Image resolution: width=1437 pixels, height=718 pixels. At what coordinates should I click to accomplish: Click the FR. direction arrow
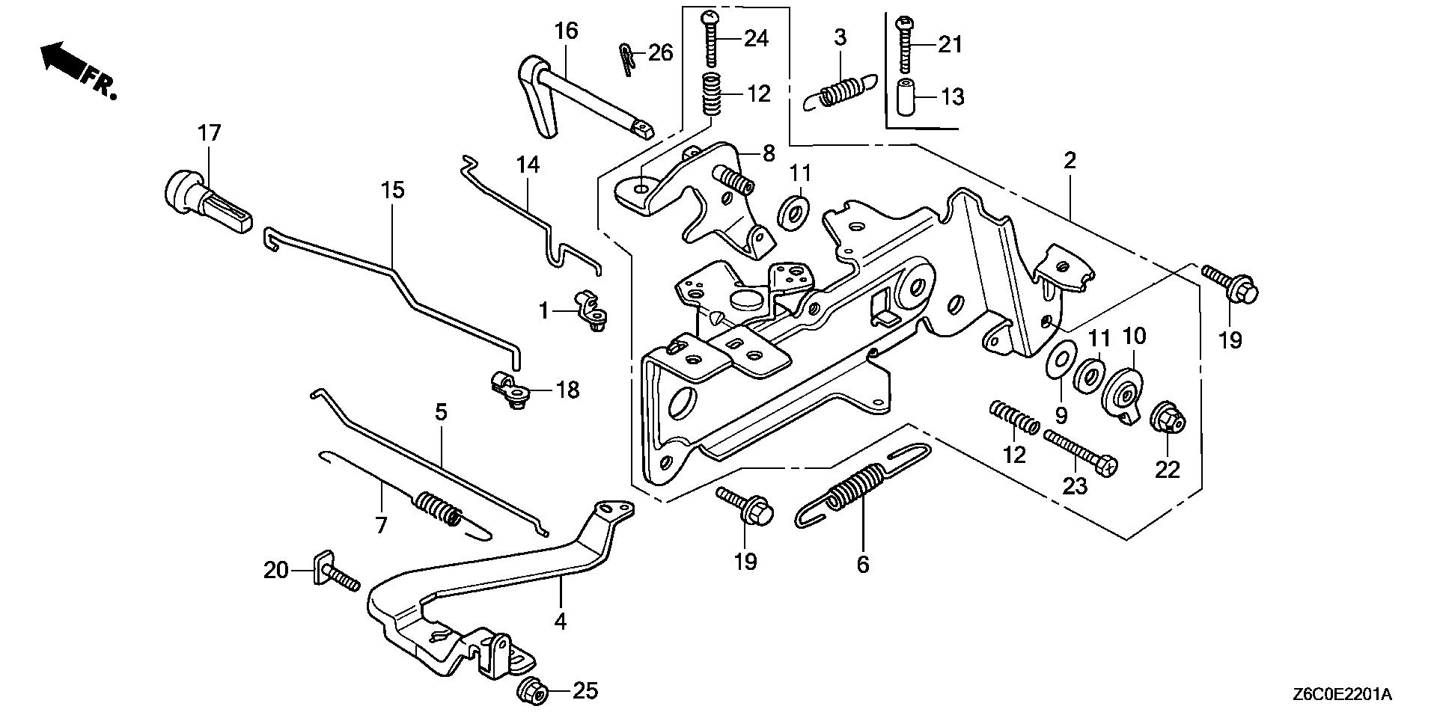[64, 60]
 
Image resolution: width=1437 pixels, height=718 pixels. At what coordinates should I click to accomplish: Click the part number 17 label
[210, 134]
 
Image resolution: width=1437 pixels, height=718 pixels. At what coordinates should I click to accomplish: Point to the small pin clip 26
[627, 58]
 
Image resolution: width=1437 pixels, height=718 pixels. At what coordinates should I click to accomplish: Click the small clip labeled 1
[591, 312]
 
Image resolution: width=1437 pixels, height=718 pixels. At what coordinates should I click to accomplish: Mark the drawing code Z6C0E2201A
[1340, 696]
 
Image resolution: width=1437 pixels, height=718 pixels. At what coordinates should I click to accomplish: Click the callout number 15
[392, 190]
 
